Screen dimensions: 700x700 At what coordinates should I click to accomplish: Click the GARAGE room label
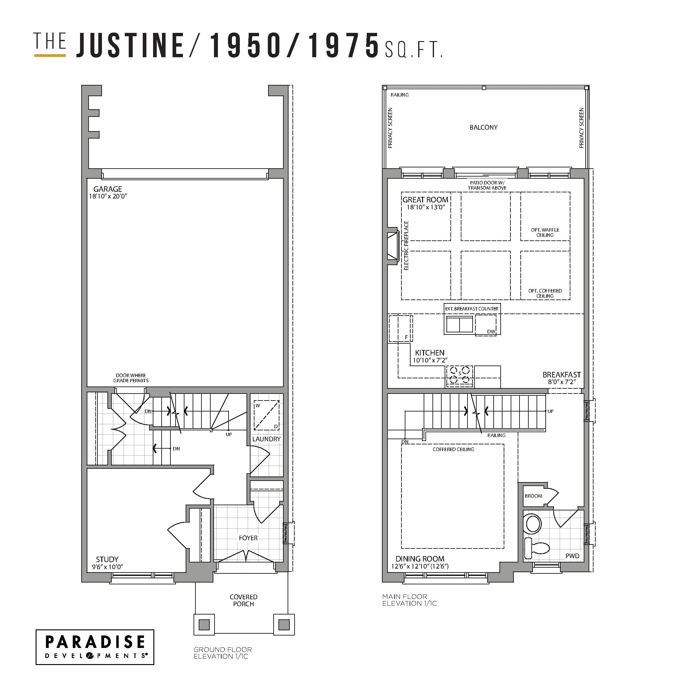pos(108,189)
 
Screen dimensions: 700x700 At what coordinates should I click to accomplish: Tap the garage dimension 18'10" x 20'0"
pos(108,196)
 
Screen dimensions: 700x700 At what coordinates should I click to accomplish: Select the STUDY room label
pos(107,559)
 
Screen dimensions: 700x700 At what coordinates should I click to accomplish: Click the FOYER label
pos(248,538)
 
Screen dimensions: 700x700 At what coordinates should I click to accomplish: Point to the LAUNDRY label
pos(266,439)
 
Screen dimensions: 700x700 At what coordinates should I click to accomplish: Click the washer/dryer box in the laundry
pos(266,415)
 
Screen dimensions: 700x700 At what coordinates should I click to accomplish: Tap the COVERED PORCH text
pos(243,600)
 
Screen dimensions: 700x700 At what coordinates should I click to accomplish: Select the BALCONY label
pos(483,128)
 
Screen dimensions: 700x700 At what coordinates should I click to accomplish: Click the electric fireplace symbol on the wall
pos(393,246)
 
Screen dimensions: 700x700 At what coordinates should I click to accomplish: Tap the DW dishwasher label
pos(491,331)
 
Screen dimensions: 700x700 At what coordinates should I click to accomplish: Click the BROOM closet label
pos(533,496)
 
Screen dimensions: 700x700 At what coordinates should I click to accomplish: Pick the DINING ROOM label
pos(420,559)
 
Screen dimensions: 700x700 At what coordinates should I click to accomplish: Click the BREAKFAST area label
pos(561,375)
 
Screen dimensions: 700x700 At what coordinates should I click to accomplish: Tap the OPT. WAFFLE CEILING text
pos(545,232)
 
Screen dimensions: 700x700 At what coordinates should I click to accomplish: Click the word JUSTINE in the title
pos(131,45)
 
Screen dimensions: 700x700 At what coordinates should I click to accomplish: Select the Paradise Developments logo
pos(95,647)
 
